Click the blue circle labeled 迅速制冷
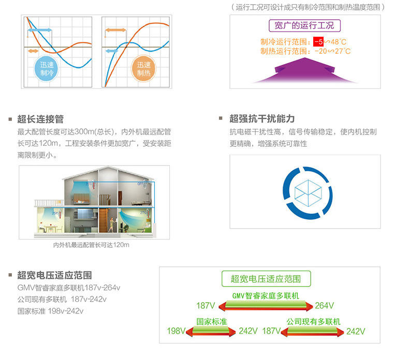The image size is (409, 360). (x=47, y=69)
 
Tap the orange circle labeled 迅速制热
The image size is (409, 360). (x=143, y=69)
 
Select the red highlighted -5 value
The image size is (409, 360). (x=318, y=42)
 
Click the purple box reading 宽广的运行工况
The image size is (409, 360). (x=304, y=25)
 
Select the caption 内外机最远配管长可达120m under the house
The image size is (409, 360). (x=91, y=245)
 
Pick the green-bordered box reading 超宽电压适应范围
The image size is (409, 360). (x=267, y=279)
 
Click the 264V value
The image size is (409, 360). (x=325, y=305)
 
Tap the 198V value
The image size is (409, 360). (x=176, y=331)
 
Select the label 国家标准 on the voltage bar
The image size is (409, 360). (x=212, y=321)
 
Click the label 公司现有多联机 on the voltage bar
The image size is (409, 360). (x=314, y=322)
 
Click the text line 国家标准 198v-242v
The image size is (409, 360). (x=50, y=311)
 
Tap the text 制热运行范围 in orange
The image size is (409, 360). (x=284, y=51)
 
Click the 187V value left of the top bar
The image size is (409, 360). (x=206, y=305)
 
